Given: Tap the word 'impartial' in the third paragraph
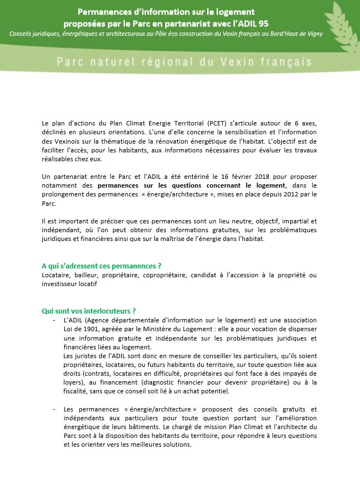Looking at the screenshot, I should click(x=288, y=221).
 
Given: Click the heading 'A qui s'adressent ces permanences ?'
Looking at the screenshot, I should click(x=101, y=266).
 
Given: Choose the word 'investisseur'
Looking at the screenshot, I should click(x=61, y=283).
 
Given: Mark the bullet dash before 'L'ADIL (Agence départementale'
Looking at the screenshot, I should click(x=54, y=320).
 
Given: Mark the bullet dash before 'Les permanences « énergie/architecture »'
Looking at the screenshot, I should click(x=54, y=410).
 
